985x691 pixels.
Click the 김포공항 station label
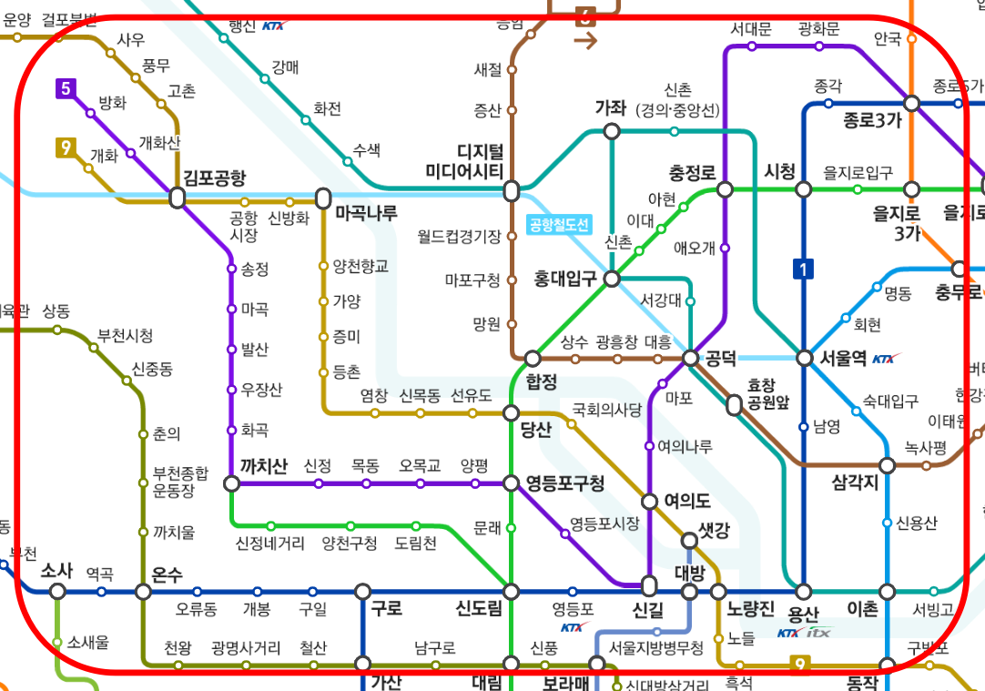coord(215,177)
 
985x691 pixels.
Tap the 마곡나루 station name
coord(367,214)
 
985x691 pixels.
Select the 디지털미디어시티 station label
coord(467,161)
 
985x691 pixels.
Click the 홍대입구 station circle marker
coord(612,279)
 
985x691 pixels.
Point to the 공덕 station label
coord(721,358)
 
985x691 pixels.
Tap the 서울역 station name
coord(842,358)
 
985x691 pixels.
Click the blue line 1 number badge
coord(804,269)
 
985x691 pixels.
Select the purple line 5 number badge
coord(65,88)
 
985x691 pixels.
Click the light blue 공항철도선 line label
coord(559,225)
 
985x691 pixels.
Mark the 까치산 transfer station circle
coord(232,483)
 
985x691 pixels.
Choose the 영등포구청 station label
coord(565,483)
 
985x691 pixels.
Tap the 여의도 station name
coord(686,501)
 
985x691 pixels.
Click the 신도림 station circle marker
coord(511,591)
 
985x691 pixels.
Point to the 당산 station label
coord(535,431)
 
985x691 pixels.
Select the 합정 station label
coord(541,381)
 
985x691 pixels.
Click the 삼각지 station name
coord(855,483)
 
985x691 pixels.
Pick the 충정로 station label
coord(692,172)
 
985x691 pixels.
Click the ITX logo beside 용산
coord(817,632)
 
